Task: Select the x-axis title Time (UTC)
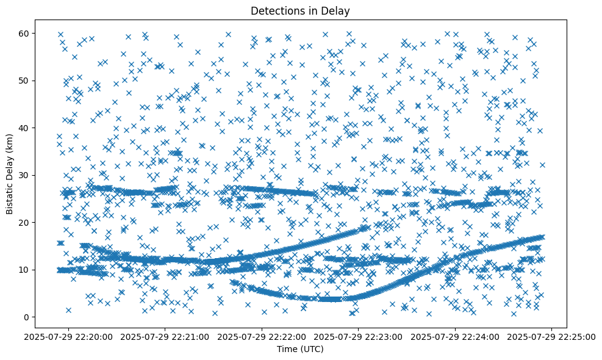301,349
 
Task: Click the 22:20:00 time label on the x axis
68,336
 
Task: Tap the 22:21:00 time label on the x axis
165,336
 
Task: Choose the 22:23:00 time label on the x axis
359,336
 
